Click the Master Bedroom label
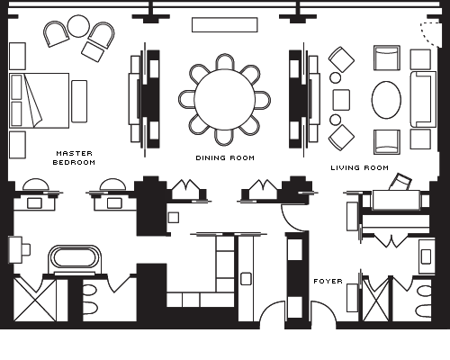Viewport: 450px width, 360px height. (74, 157)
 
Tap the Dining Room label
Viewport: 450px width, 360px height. (225, 157)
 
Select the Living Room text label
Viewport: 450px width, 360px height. (360, 167)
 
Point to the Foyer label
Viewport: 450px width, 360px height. (328, 281)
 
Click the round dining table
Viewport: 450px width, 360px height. (225, 100)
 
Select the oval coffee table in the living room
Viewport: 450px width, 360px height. (386, 100)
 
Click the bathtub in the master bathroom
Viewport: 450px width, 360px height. (75, 257)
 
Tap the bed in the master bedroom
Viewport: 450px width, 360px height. (39, 101)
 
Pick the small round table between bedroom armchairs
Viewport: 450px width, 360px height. (78, 26)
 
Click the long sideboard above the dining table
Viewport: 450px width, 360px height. (225, 24)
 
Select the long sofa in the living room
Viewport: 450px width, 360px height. (423, 99)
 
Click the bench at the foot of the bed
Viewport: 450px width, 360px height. (79, 101)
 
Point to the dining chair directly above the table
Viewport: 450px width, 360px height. (224, 62)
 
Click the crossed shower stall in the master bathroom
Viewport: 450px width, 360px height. (35, 300)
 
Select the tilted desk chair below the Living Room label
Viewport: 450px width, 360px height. (400, 182)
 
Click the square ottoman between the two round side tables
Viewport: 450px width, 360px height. (341, 100)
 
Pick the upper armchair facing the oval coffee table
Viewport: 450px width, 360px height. (387, 58)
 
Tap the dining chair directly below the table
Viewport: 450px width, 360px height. (224, 138)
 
